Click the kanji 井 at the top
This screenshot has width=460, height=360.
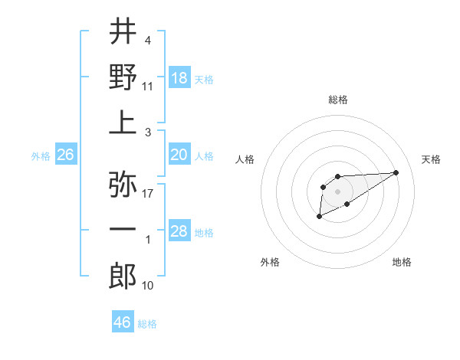123,32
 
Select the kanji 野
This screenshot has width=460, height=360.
123,77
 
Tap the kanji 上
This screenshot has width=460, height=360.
123,122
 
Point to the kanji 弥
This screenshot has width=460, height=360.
123,185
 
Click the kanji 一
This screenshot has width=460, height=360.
123,229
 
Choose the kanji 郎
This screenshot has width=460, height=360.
123,276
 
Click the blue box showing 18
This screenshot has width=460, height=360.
179,77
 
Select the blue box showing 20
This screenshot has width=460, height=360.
179,155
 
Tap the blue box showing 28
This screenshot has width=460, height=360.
179,231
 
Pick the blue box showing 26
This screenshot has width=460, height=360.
65,155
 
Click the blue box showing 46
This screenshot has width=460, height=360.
123,322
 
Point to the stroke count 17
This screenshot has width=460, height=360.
148,193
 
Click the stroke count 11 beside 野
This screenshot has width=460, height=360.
148,86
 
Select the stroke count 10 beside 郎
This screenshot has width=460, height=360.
148,285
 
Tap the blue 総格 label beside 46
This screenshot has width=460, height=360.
147,324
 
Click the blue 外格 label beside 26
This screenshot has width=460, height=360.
41,156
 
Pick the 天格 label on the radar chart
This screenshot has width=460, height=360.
432,159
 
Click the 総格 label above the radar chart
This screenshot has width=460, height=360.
338,100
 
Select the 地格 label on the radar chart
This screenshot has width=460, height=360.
402,262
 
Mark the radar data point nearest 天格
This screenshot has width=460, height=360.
396,172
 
